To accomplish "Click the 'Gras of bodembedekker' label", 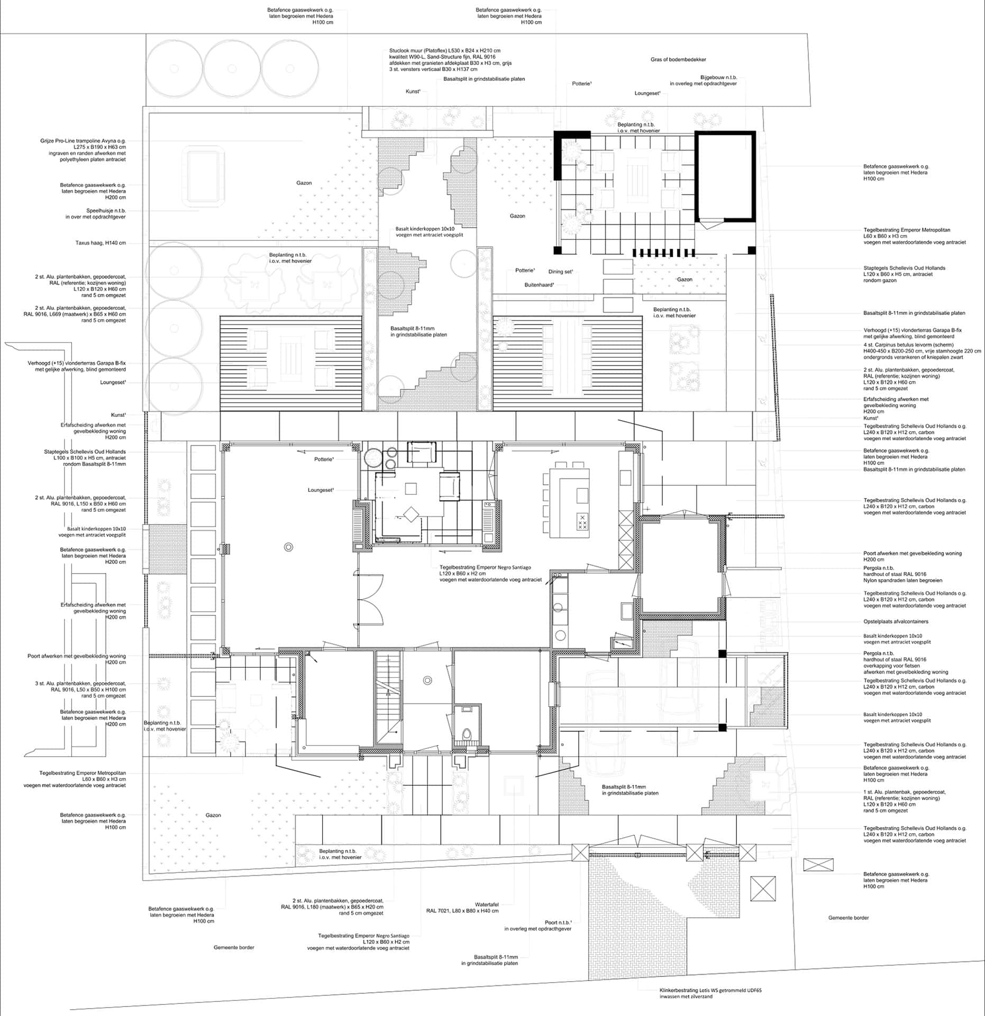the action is pyautogui.click(x=678, y=60).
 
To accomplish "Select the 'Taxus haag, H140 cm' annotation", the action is pyautogui.click(x=101, y=243).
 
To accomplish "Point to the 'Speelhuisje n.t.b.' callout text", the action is pyautogui.click(x=106, y=211).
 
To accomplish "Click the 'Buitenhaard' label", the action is pyautogui.click(x=539, y=285).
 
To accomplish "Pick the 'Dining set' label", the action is pyautogui.click(x=560, y=271).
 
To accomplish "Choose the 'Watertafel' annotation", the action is pyautogui.click(x=487, y=905).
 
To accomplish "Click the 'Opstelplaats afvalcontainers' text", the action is pyautogui.click(x=896, y=622).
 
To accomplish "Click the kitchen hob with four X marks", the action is pyautogui.click(x=582, y=522).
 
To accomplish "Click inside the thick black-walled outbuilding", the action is pyautogui.click(x=725, y=177).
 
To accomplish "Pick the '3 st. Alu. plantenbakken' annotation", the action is pyautogui.click(x=80, y=684).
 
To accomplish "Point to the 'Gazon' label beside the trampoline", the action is pyautogui.click(x=304, y=183).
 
